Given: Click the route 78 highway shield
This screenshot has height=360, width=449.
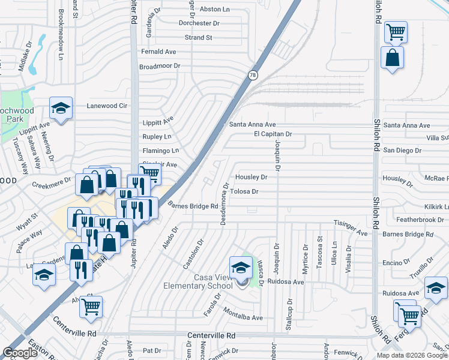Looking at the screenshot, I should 253,74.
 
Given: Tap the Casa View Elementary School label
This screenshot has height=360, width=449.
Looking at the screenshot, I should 197,281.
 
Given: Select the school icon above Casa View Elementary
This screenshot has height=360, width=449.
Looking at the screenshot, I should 241,267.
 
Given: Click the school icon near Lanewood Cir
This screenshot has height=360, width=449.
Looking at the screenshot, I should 61,108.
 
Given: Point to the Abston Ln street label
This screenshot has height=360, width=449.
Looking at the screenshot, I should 214,10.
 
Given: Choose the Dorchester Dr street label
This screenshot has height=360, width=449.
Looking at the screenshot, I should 203,23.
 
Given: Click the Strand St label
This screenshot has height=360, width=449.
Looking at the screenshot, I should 199,37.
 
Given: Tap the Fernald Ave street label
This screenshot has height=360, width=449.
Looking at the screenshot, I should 158,52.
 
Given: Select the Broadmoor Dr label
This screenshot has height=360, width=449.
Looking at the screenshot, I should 160,66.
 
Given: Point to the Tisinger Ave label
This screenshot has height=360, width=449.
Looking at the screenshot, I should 351,224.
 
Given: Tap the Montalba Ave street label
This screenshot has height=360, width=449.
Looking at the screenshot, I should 243,317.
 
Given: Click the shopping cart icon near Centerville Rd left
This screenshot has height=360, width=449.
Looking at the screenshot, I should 91,307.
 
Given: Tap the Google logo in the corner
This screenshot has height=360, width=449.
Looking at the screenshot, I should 20,353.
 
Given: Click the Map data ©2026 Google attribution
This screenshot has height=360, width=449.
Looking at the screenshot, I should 411,355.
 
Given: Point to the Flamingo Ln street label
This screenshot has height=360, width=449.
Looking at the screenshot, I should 160,151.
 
